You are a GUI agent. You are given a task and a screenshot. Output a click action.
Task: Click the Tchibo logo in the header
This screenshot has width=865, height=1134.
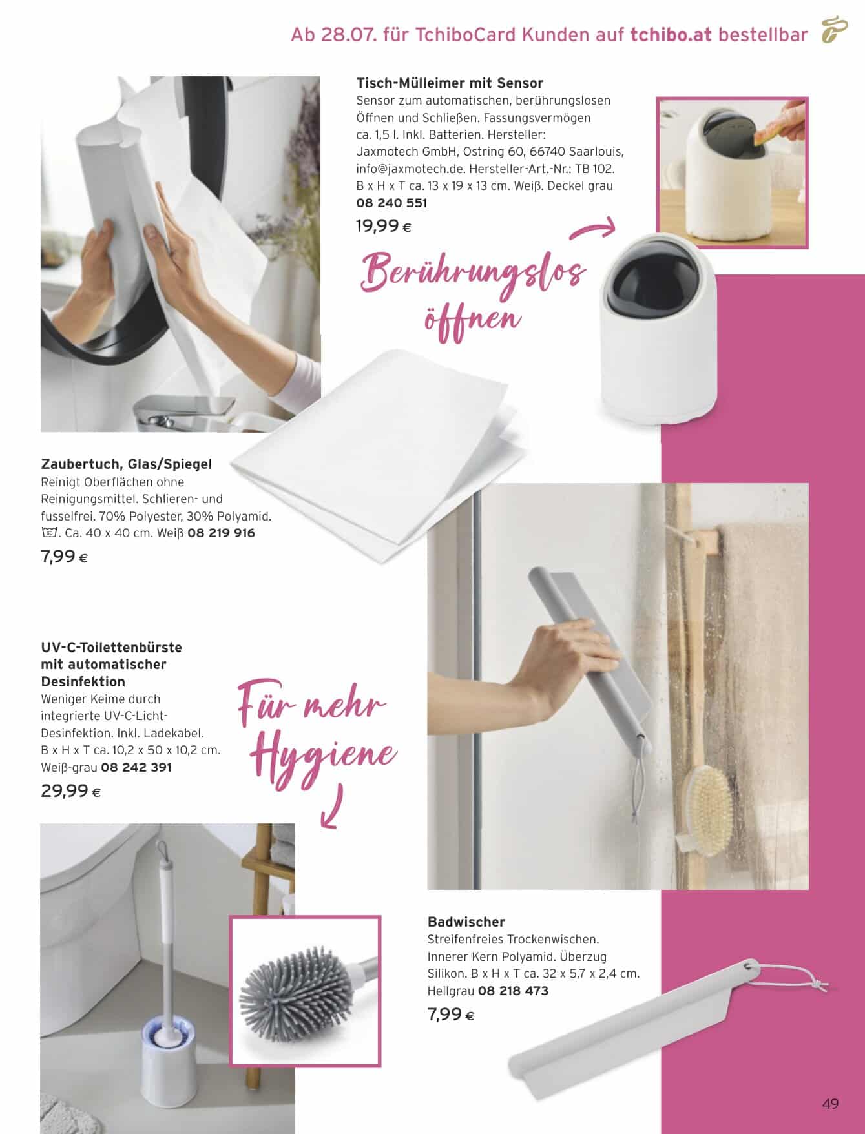[834, 30]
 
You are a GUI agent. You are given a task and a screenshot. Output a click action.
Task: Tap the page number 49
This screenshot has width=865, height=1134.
[830, 1104]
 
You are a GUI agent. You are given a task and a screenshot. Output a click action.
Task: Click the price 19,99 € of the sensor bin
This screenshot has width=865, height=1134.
[384, 226]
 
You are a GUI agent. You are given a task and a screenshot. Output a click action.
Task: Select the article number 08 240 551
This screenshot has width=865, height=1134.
[391, 203]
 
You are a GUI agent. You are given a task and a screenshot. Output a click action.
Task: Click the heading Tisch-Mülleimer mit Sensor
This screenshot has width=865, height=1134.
[450, 83]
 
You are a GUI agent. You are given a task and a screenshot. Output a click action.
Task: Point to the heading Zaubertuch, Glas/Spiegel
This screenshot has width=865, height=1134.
[127, 464]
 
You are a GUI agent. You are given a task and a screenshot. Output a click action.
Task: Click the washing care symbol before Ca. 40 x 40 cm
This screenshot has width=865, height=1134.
[49, 533]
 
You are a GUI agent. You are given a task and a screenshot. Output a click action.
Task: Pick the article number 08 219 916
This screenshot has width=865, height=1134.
[221, 533]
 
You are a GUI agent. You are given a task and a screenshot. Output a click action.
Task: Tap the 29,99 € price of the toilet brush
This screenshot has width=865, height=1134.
[70, 790]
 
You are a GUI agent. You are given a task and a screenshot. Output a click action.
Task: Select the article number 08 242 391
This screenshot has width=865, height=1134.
[136, 768]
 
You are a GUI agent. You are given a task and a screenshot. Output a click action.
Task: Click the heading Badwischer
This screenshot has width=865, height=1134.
[466, 922]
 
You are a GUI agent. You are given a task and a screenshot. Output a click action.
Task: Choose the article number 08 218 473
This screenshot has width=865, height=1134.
[512, 991]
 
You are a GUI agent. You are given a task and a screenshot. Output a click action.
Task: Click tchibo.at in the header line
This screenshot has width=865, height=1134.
[671, 35]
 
